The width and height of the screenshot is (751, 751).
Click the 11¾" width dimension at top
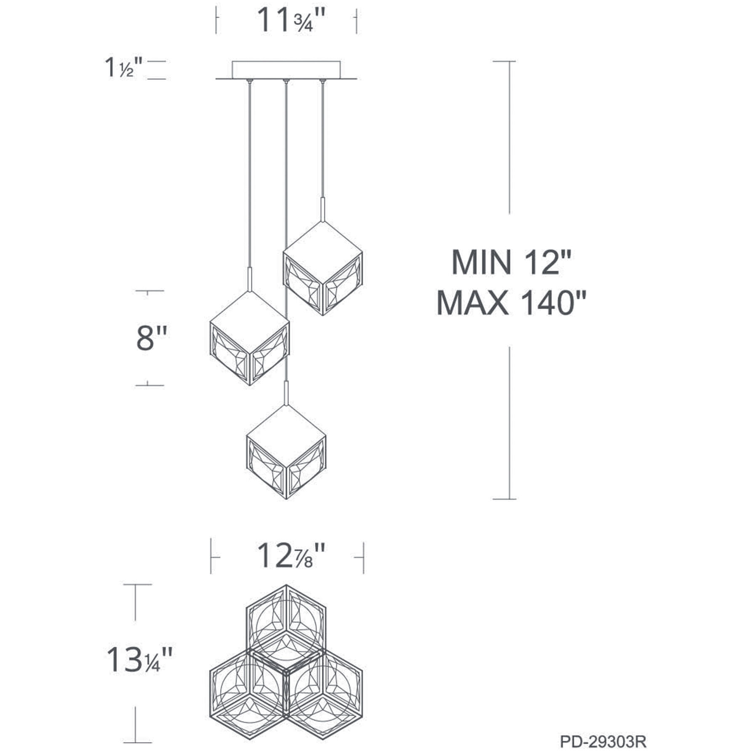pyautogui.click(x=290, y=20)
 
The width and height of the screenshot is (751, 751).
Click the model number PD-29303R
pyautogui.click(x=603, y=740)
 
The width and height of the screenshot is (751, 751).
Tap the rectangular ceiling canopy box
pyautogui.click(x=286, y=69)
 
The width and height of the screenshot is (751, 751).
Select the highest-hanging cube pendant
pyautogui.click(x=322, y=269)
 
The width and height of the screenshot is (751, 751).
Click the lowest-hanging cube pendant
pyautogui.click(x=286, y=453)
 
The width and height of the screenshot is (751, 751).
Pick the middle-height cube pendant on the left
pyautogui.click(x=250, y=339)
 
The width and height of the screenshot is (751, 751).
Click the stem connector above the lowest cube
pyautogui.click(x=286, y=392)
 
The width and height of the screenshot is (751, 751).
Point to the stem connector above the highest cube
pyautogui.click(x=322, y=209)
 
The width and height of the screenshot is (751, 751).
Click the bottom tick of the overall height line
pyautogui.click(x=504, y=499)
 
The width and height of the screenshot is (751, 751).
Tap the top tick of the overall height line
pyautogui.click(x=504, y=61)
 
